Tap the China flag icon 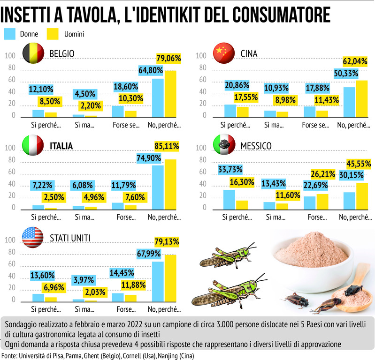tap(223, 53)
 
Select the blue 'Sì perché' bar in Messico tap(229, 199)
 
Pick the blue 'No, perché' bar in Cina tap(349, 101)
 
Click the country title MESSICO tap(256, 146)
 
